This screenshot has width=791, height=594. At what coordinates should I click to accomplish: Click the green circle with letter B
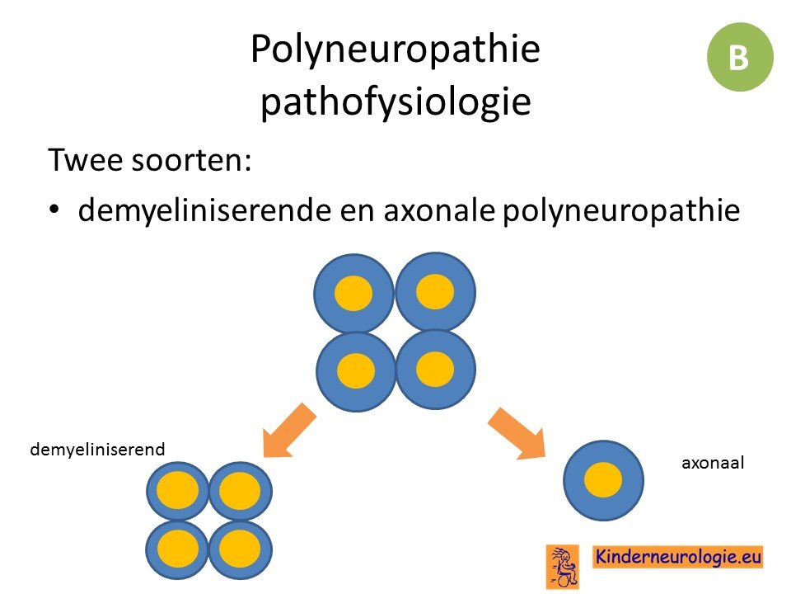click(x=740, y=57)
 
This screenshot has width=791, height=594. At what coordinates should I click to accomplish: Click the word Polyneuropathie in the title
click(x=395, y=49)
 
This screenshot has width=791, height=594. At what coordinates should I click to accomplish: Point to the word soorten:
click(x=191, y=160)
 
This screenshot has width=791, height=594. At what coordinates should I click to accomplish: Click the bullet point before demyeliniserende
click(x=54, y=209)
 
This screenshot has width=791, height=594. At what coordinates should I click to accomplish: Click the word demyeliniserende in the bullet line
click(x=204, y=210)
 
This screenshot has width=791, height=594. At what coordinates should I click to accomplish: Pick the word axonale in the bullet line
click(x=438, y=210)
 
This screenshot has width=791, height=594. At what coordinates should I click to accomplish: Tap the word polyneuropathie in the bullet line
click(x=621, y=210)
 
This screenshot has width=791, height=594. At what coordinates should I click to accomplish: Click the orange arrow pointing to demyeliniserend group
click(x=288, y=431)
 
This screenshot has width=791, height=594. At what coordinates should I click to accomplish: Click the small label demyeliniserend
click(x=97, y=450)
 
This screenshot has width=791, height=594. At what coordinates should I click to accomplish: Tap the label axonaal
click(x=713, y=463)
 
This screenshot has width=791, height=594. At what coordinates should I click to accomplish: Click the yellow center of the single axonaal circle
click(x=603, y=479)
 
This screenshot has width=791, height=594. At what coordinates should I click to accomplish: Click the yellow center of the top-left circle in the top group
click(x=353, y=293)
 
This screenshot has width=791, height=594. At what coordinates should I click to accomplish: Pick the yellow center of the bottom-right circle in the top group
click(x=435, y=370)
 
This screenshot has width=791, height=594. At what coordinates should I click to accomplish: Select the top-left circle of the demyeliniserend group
click(x=178, y=491)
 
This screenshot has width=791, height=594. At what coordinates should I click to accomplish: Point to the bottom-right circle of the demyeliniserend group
click(x=241, y=549)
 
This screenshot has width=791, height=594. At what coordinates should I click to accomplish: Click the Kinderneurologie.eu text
click(x=677, y=557)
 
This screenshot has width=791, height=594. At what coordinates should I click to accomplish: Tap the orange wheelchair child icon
click(x=563, y=567)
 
